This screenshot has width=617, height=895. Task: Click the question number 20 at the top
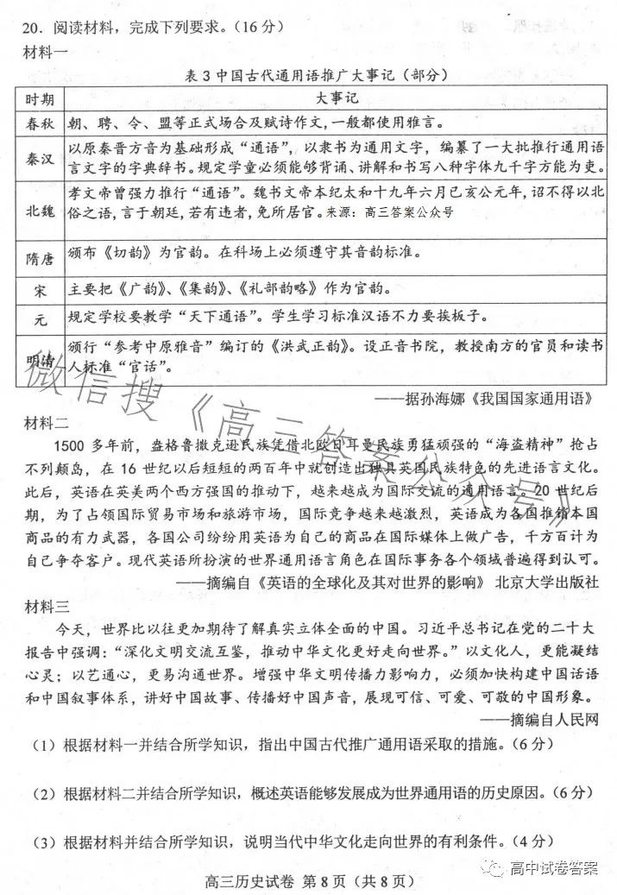(x=24, y=28)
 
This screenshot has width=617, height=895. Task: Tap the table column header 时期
(x=40, y=98)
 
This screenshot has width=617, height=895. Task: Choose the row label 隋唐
(x=40, y=255)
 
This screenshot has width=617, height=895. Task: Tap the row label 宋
(x=40, y=287)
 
